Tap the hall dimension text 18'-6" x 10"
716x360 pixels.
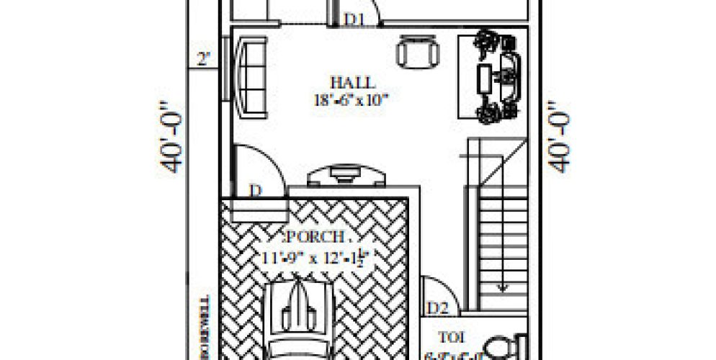coord(352,99)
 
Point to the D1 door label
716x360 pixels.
coord(353,19)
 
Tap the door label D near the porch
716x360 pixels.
coord(254,192)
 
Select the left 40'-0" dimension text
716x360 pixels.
coord(172,141)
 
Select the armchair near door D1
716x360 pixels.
coord(416,52)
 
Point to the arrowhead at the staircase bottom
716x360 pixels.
coord(503,289)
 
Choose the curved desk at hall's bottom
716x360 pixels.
coord(346,176)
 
